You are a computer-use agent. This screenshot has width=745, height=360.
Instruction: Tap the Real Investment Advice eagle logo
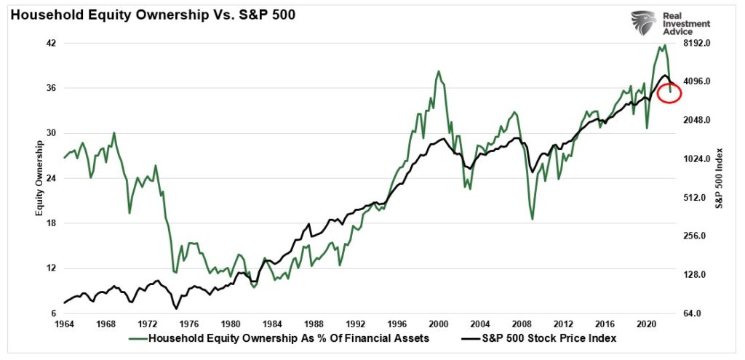coord(643,23)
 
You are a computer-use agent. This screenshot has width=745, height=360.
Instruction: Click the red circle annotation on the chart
coord(669,92)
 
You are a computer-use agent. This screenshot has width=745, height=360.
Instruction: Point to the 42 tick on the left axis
coord(52,44)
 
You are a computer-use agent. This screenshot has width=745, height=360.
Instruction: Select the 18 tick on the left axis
coord(52,224)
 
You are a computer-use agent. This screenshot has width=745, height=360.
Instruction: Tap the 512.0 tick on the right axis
coord(696,198)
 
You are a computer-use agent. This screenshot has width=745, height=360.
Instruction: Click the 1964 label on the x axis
coord(65,324)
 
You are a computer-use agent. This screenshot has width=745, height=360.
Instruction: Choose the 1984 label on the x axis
coord(272,324)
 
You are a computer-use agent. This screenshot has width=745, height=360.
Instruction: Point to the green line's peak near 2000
coord(438,71)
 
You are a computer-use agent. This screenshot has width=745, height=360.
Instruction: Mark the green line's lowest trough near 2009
coord(533,219)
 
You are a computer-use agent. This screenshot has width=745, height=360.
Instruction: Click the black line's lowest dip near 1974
coord(176,308)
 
